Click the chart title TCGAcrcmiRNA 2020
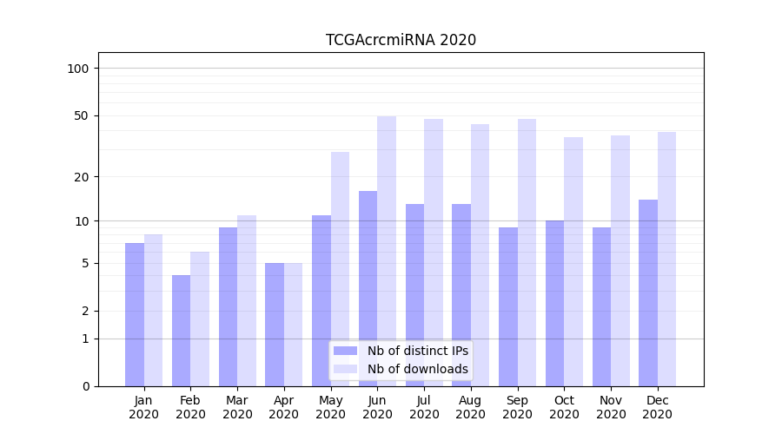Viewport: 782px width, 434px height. pyautogui.click(x=401, y=40)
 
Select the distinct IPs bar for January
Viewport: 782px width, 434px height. pyautogui.click(x=135, y=314)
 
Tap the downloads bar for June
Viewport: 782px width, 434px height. pyautogui.click(x=387, y=252)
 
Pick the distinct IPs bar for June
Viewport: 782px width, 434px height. pyautogui.click(x=368, y=288)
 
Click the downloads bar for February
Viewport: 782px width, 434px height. pyautogui.click(x=200, y=319)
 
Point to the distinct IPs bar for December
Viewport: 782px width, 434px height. pyautogui.click(x=648, y=293)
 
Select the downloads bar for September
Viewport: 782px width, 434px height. pyautogui.click(x=527, y=253)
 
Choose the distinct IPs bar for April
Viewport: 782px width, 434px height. pyautogui.click(x=275, y=325)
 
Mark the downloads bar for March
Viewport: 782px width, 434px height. pyautogui.click(x=247, y=300)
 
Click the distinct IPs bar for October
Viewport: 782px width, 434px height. pyautogui.click(x=554, y=303)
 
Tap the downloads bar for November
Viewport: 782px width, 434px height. pyautogui.click(x=620, y=260)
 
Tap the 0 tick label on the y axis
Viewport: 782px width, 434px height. pyautogui.click(x=85, y=386)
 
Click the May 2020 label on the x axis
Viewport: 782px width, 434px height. pyautogui.click(x=330, y=407)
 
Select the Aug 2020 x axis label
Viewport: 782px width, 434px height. pyautogui.click(x=470, y=407)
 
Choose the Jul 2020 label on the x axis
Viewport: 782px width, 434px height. pyautogui.click(x=424, y=407)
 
